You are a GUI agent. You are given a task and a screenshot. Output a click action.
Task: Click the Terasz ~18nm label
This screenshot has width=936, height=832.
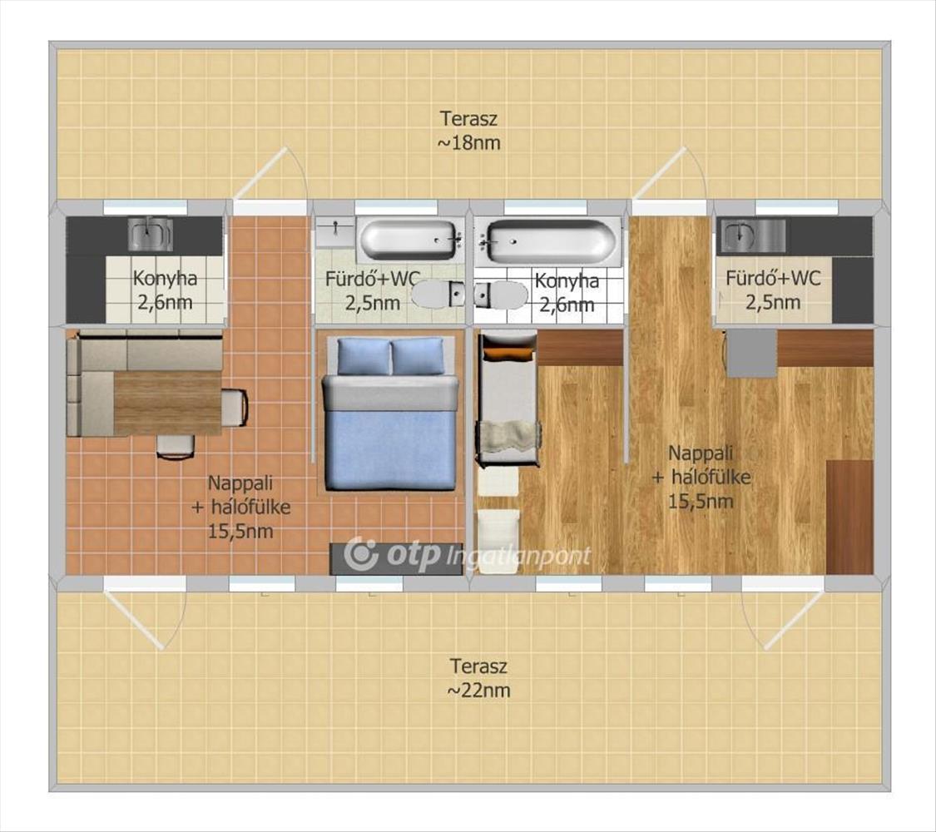(469, 130)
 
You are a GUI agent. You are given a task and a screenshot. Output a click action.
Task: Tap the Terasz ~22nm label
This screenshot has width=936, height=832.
(478, 677)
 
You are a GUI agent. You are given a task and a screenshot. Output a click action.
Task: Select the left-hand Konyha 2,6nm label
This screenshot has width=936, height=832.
(165, 290)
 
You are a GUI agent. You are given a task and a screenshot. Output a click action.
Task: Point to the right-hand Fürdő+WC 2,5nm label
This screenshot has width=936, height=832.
(773, 290)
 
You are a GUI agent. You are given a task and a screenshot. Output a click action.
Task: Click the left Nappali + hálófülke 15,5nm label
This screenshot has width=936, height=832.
(240, 506)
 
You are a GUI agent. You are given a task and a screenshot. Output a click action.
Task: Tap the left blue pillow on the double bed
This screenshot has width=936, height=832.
(364, 356)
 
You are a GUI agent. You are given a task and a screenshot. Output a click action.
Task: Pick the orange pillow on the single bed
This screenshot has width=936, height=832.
(508, 354)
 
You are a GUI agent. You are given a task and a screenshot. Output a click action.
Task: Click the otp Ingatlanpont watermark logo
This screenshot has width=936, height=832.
(468, 554)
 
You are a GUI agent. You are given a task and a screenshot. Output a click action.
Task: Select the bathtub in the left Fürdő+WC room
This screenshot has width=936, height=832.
(409, 240)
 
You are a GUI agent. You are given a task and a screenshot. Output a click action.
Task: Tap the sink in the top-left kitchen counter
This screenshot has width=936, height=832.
(150, 233)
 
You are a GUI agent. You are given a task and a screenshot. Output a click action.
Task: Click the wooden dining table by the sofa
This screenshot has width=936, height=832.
(167, 403)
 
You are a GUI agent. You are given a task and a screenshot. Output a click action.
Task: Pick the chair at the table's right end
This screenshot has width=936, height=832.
(235, 408)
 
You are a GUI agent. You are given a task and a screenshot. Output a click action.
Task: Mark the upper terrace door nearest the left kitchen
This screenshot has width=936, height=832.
(270, 174)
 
